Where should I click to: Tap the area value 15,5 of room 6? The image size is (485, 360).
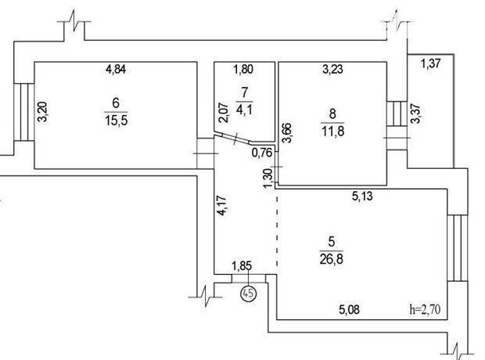click(117, 118)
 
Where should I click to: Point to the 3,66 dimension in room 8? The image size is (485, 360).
click(287, 130)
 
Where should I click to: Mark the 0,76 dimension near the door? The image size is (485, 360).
click(261, 153)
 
